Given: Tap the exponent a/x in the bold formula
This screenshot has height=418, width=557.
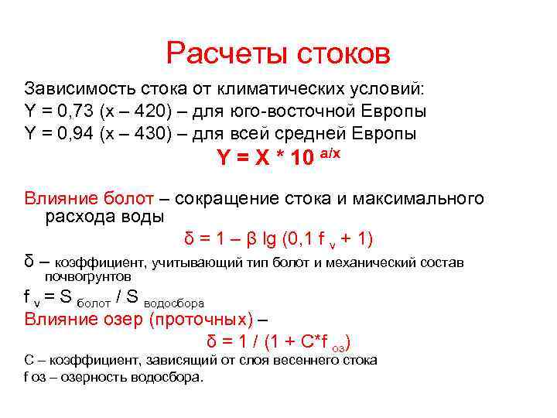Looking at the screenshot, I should [330, 153].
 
